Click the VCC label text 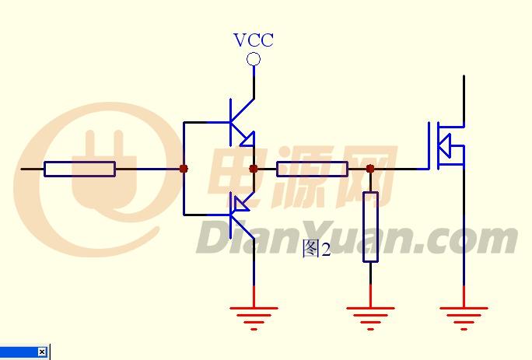pyautogui.click(x=254, y=40)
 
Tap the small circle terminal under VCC pyautogui.click(x=254, y=59)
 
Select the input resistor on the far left pyautogui.click(x=80, y=169)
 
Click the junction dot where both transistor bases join pyautogui.click(x=184, y=169)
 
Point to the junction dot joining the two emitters pyautogui.click(x=254, y=169)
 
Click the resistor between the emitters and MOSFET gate pyautogui.click(x=312, y=169)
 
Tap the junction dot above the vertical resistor pyautogui.click(x=370, y=169)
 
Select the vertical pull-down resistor pyautogui.click(x=370, y=227)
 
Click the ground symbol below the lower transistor pyautogui.click(x=254, y=318)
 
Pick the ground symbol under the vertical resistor pyautogui.click(x=370, y=318)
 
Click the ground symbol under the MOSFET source pyautogui.click(x=464, y=318)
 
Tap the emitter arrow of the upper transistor pyautogui.click(x=247, y=139)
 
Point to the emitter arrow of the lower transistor pyautogui.click(x=242, y=204)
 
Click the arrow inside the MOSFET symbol pyautogui.click(x=444, y=146)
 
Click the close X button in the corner pyautogui.click(x=42, y=351)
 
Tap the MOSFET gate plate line pyautogui.click(x=429, y=145)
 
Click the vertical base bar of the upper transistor pyautogui.click(x=231, y=122)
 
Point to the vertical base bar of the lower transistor pyautogui.click(x=231, y=215)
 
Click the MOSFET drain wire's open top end pyautogui.click(x=464, y=75)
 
